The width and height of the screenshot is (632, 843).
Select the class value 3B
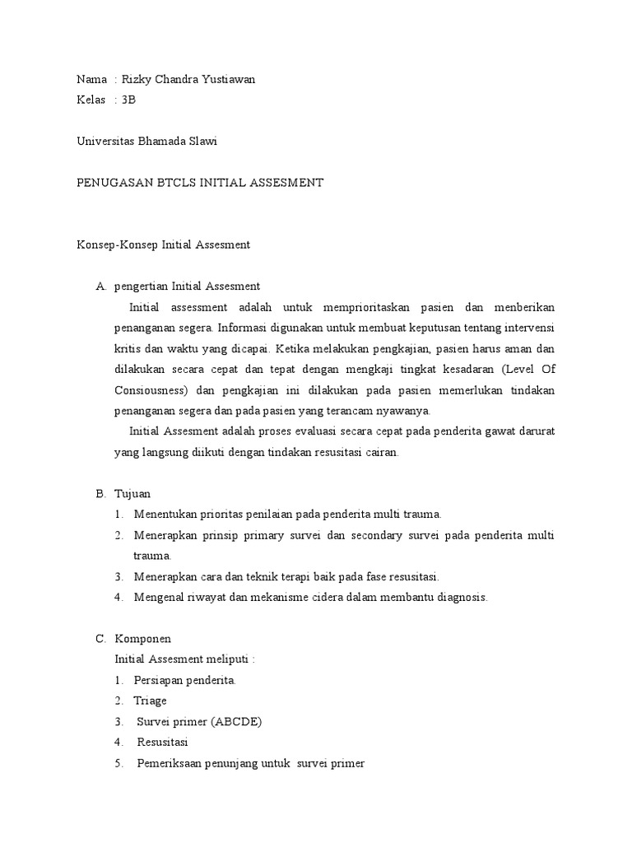[x=128, y=100]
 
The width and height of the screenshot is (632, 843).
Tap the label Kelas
[x=91, y=100]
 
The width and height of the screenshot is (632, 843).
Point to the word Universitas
[x=108, y=141]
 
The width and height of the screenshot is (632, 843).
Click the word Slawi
[x=203, y=141]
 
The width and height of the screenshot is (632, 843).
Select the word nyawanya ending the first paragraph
[x=404, y=411]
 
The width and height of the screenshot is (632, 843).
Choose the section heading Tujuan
[x=132, y=493]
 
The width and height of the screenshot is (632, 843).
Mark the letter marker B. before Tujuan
[x=100, y=493]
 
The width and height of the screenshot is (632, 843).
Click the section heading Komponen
[x=142, y=639]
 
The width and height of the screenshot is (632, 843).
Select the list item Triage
[x=150, y=701]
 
